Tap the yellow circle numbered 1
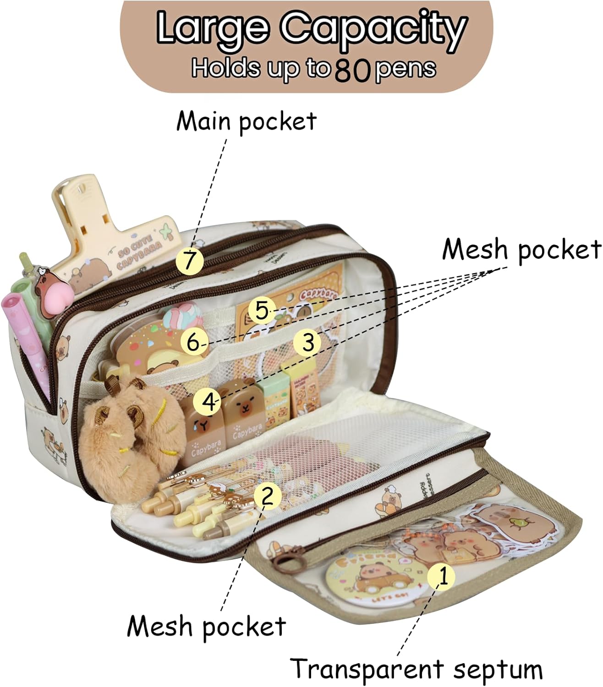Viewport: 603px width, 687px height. tap(441, 576)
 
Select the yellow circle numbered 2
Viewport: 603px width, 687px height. tap(268, 496)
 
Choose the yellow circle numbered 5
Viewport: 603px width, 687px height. tap(194, 343)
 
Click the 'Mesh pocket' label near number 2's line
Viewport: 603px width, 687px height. tap(206, 626)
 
